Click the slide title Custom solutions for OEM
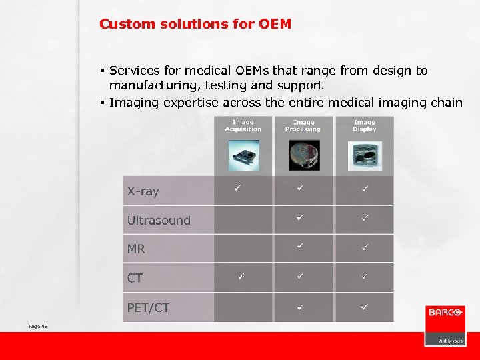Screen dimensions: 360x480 (195, 24)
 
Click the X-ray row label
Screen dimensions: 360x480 (143, 191)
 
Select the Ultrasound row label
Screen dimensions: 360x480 (159, 220)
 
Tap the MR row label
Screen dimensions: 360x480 (136, 249)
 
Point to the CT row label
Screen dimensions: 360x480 (135, 277)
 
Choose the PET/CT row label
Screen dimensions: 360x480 (148, 307)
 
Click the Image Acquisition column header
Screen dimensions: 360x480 (243, 125)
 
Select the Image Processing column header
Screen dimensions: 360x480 (303, 125)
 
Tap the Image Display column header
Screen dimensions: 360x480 (365, 125)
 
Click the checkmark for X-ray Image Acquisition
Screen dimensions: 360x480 (237, 189)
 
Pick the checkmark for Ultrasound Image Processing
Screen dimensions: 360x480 (301, 218)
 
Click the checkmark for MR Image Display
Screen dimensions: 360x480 (365, 247)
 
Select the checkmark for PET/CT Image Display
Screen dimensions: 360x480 (365, 306)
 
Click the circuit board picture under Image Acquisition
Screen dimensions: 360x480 (243, 156)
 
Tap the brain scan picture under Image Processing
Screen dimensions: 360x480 (303, 155)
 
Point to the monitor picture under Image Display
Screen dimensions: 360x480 (365, 155)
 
